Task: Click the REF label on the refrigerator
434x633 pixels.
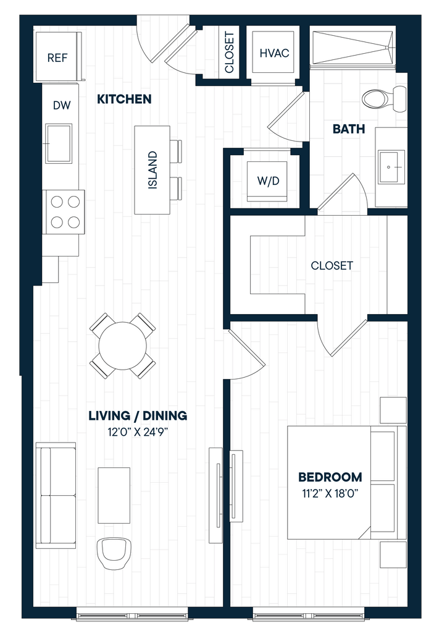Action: coord(57,57)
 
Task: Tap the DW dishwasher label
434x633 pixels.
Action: coord(62,105)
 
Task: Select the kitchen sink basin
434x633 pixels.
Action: coord(59,143)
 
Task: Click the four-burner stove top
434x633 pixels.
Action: coord(65,211)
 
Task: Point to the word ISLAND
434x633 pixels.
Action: coord(152,170)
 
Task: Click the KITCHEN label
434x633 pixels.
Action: coord(124,99)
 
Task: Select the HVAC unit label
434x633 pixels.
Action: coord(274,53)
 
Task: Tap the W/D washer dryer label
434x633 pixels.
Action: coord(268,181)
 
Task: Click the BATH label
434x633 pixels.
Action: coord(349,129)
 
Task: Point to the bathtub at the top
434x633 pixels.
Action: coord(353,48)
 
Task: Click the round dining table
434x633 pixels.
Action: coord(123,346)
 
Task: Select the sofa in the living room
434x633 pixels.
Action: coord(56,495)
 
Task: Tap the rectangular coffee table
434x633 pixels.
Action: coord(114,495)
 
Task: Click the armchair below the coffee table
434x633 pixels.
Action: coord(115,553)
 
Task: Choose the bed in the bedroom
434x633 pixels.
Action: coord(347,482)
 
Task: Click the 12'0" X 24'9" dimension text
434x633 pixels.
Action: coord(138,432)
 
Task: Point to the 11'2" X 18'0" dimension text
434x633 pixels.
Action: coord(330,493)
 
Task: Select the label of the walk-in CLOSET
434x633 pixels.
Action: coord(332,266)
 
